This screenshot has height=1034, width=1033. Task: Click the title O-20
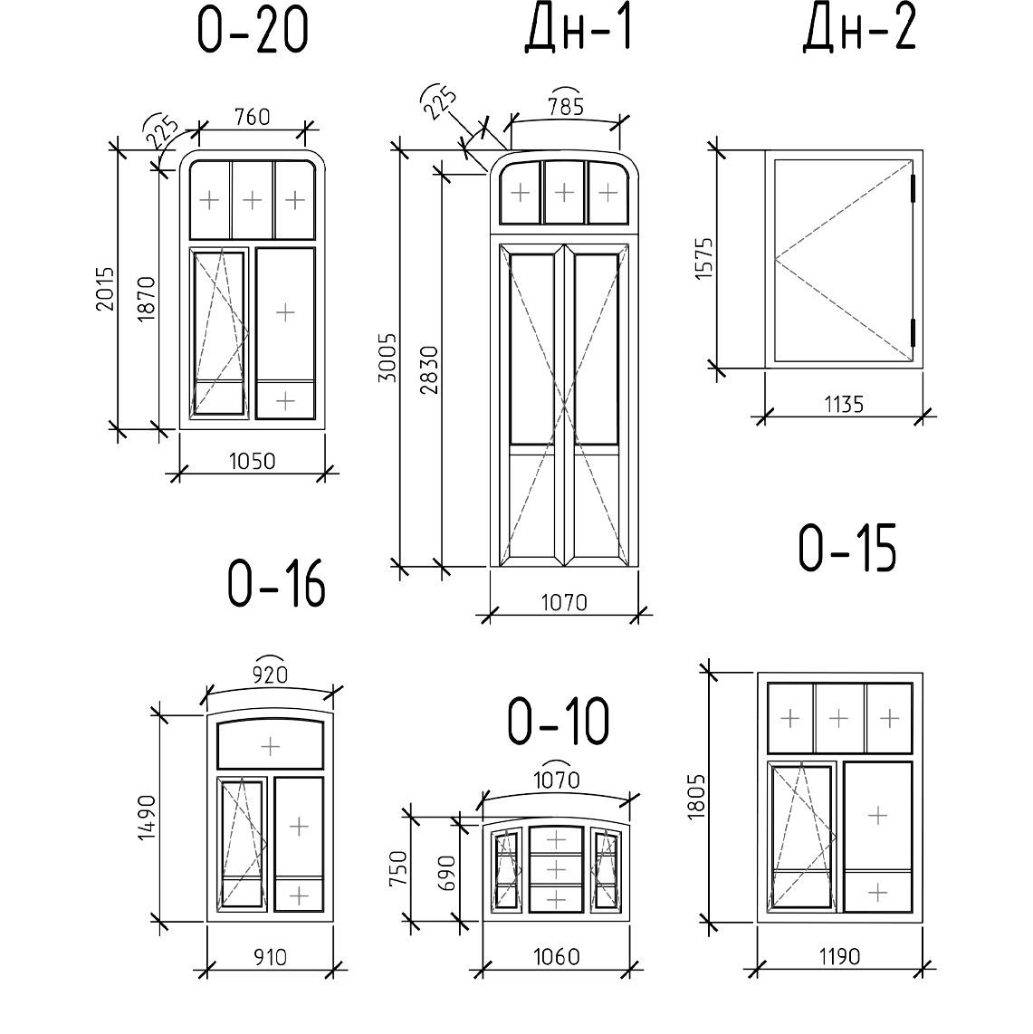click(253, 33)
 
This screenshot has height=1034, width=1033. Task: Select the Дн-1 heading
click(578, 30)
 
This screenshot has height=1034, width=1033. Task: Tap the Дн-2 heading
click(858, 30)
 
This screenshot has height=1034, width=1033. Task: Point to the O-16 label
click(275, 584)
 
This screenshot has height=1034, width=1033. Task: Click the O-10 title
click(558, 723)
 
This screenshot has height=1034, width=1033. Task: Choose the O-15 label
click(846, 549)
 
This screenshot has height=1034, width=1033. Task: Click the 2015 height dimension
click(106, 289)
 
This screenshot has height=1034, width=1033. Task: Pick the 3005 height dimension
click(387, 358)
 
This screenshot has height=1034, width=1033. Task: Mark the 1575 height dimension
click(706, 258)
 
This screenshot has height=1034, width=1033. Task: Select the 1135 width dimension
click(844, 405)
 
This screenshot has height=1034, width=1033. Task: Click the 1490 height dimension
click(148, 819)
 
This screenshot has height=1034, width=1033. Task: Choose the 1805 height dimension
click(696, 797)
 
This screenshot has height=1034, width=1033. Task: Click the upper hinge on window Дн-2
click(914, 187)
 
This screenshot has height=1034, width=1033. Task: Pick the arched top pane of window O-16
click(270, 745)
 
